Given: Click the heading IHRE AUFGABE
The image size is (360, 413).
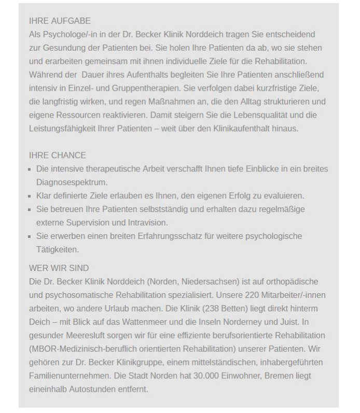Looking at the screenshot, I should (x=60, y=21).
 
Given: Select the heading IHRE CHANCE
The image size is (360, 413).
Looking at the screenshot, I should (x=58, y=155).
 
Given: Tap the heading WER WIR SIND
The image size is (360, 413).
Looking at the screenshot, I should (x=59, y=268).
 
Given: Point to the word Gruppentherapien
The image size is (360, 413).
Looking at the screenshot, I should (x=164, y=88).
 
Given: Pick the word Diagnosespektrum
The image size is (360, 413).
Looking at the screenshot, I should (x=72, y=182).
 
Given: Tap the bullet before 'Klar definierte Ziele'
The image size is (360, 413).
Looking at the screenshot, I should (x=31, y=196).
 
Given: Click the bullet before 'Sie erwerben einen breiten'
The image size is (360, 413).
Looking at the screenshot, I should (x=31, y=237).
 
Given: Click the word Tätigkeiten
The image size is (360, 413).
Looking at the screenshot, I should (x=57, y=250).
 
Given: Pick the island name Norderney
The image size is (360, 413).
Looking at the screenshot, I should (x=250, y=322).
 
